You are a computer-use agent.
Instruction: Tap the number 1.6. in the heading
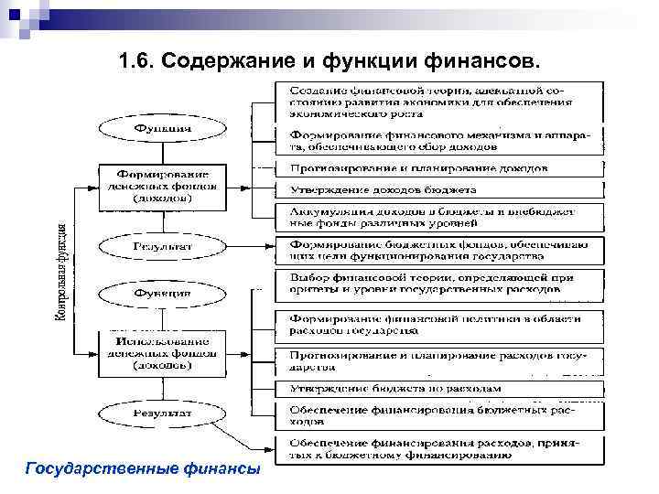click(140, 60)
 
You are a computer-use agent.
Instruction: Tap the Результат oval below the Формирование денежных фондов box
click(163, 246)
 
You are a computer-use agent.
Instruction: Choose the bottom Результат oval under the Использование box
click(163, 413)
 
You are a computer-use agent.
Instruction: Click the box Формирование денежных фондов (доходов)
click(163, 186)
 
